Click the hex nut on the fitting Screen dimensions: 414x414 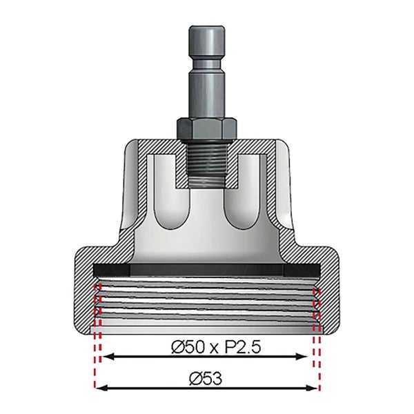pos(206,126)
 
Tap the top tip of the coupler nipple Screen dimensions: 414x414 pos(206,31)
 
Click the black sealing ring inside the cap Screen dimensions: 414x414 pos(206,268)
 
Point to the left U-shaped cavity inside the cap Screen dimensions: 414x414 pos(169,200)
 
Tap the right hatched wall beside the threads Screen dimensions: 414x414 pos(329,297)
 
